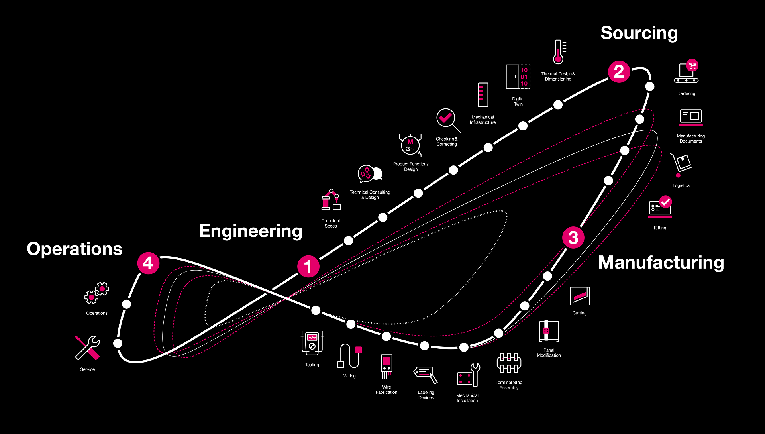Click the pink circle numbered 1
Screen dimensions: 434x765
click(308, 266)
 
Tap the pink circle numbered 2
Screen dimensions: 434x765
click(619, 72)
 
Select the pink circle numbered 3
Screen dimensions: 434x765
click(573, 238)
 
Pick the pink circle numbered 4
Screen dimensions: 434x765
click(148, 263)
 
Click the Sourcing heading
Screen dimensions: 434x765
click(639, 33)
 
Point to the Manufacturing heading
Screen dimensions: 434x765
click(661, 263)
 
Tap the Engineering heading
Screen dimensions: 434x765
click(250, 231)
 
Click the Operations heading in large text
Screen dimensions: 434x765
click(75, 249)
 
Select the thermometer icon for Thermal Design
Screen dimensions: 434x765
click(559, 52)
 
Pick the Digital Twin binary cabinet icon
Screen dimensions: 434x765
click(518, 77)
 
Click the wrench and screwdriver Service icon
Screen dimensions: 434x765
click(88, 348)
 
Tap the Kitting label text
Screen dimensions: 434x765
click(660, 228)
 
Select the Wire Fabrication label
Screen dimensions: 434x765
click(386, 390)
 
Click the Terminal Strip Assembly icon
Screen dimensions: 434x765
click(509, 362)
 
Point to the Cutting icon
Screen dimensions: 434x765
click(580, 296)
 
